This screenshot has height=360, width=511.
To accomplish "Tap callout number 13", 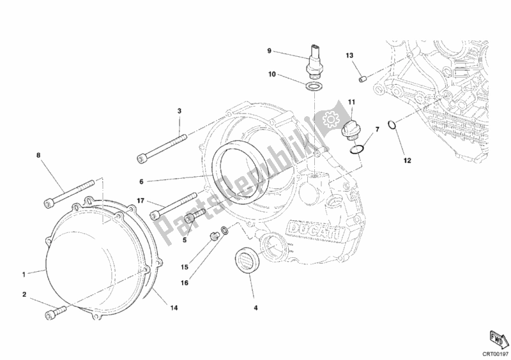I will click(x=349, y=56).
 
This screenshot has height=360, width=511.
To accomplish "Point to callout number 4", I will click(x=256, y=308).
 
